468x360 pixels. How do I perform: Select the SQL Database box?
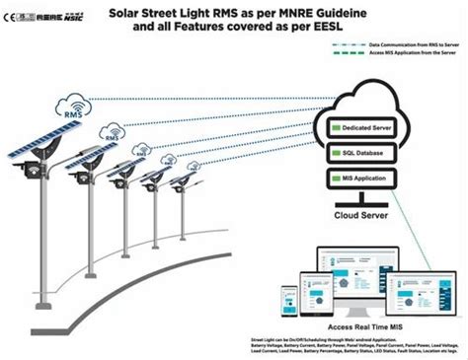pos(369,155)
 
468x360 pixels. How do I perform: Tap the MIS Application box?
pos(369,180)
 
